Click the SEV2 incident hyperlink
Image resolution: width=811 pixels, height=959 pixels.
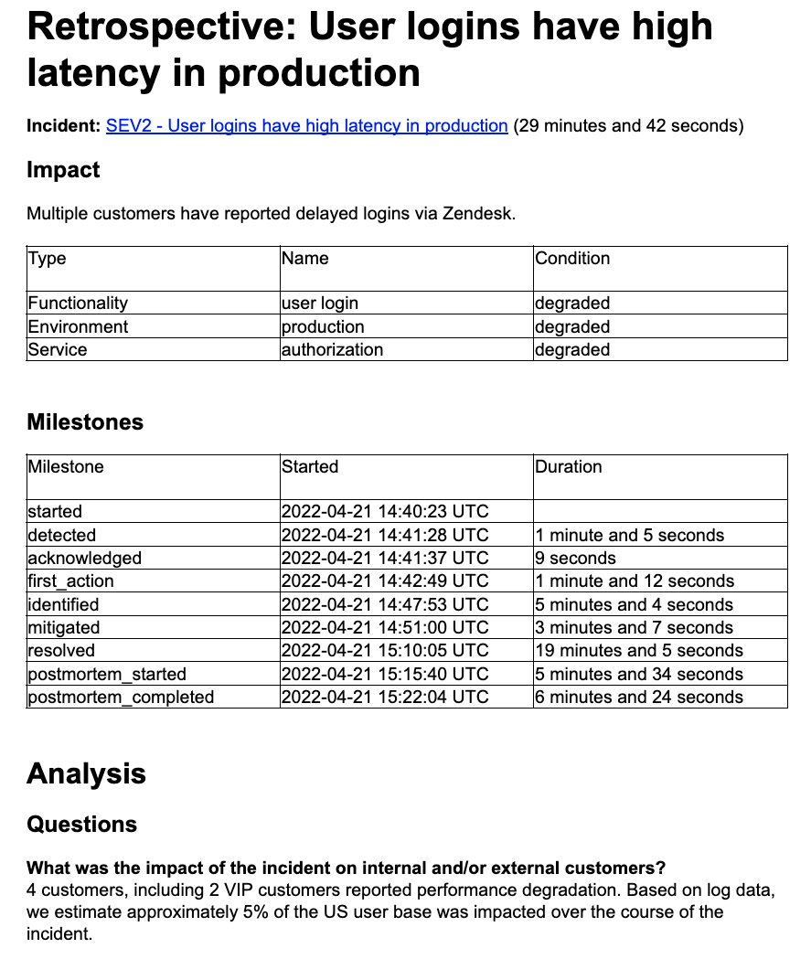pyautogui.click(x=306, y=126)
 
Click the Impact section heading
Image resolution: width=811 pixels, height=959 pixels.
pyautogui.click(x=63, y=170)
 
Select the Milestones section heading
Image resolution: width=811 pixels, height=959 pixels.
pyautogui.click(x=85, y=422)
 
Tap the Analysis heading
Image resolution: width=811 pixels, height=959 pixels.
pyautogui.click(x=86, y=773)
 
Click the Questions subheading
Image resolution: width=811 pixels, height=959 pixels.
pyautogui.click(x=81, y=825)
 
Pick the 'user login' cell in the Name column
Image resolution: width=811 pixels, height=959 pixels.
pyautogui.click(x=320, y=303)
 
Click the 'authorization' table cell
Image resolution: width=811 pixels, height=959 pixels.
pyautogui.click(x=332, y=349)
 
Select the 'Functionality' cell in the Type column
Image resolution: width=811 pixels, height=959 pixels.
pyautogui.click(x=78, y=303)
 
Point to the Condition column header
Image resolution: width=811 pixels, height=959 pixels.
pyautogui.click(x=572, y=259)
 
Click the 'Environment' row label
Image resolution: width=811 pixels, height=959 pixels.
pyautogui.click(x=78, y=326)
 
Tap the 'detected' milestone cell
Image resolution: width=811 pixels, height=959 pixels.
pyautogui.click(x=61, y=535)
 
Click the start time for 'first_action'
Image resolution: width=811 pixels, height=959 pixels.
pyautogui.click(x=385, y=581)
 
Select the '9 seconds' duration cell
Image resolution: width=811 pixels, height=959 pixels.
pyautogui.click(x=576, y=558)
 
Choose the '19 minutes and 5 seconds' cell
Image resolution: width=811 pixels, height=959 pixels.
pyautogui.click(x=639, y=651)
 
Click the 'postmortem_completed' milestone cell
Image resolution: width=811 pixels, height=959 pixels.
pyautogui.click(x=121, y=698)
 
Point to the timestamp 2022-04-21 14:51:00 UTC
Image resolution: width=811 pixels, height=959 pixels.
pyautogui.click(x=385, y=628)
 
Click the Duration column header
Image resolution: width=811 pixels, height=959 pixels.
pyautogui.click(x=569, y=467)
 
